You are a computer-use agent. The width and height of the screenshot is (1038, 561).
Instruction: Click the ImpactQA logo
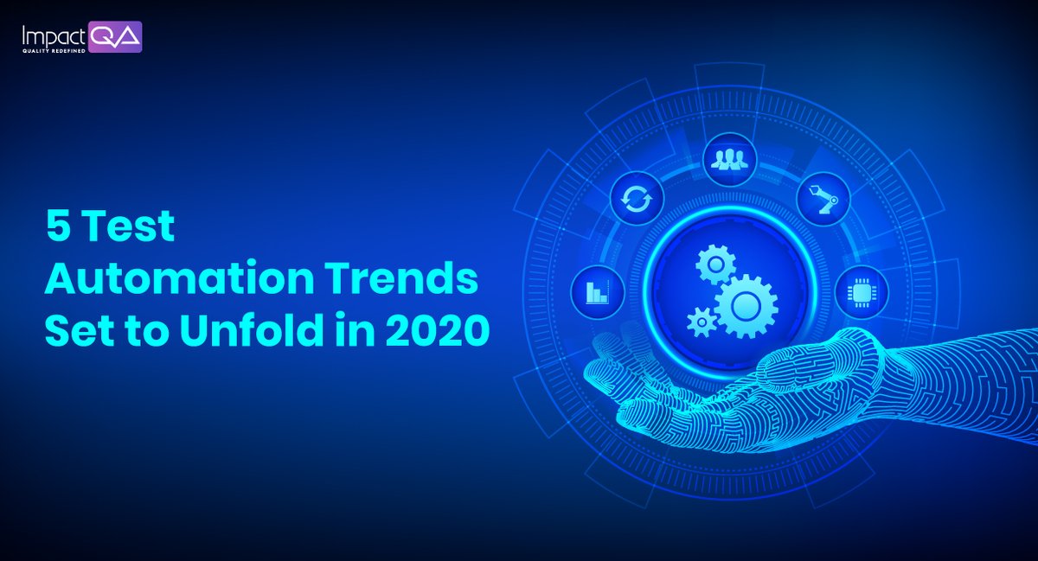point(82,37)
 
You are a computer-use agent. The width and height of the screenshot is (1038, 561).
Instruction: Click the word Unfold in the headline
point(239,332)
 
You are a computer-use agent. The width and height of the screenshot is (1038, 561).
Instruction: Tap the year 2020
point(432,332)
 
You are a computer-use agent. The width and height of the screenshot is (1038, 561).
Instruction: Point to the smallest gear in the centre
point(702,322)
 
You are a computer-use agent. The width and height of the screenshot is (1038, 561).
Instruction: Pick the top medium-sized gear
point(716,263)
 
